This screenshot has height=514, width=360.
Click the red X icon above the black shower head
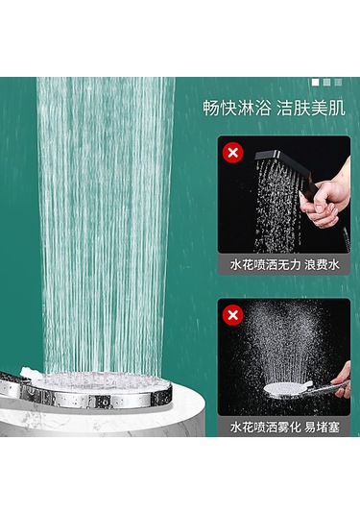(231, 151)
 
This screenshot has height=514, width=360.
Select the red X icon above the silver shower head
(231, 314)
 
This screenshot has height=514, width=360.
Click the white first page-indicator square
(315, 83)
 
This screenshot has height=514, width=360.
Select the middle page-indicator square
(326, 83)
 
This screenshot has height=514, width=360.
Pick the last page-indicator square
(338, 83)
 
